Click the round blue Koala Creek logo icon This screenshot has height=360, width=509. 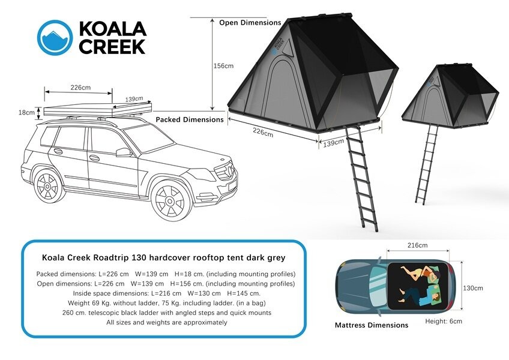point(55,38)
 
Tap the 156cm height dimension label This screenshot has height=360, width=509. point(223,66)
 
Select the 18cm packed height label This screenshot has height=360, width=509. point(26,113)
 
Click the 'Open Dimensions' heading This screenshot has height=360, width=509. point(250,23)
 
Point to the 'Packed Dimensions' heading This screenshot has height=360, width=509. point(190,119)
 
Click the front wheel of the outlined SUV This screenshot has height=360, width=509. point(170,200)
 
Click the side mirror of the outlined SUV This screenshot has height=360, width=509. point(124,152)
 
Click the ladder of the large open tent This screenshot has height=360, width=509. point(361,179)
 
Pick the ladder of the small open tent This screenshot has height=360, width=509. point(427,164)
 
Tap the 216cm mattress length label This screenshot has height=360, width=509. point(417,245)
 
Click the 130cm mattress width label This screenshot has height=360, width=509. point(472,288)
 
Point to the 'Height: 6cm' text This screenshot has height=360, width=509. point(444,322)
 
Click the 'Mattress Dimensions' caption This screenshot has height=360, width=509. point(372,325)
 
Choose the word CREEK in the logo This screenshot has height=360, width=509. point(112,47)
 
